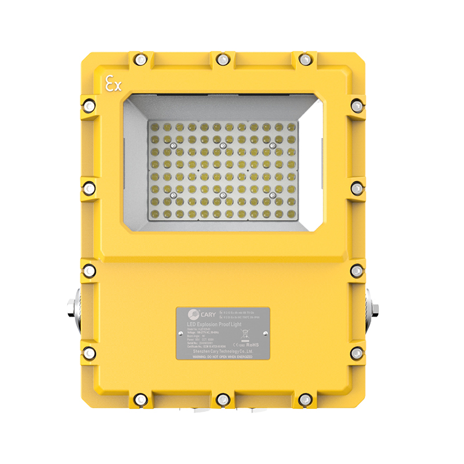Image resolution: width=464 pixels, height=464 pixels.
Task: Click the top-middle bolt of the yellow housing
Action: coord(222,59)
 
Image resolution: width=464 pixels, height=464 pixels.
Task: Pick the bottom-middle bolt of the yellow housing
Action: coord(222,400)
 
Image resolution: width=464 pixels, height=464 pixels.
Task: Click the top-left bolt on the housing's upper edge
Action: coord(140,59)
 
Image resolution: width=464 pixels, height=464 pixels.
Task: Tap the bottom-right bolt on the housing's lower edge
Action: coord(304,400)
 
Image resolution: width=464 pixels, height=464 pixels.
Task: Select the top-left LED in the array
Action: coord(154,126)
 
